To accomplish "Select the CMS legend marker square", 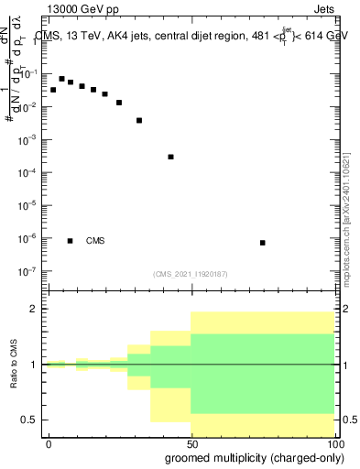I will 70,241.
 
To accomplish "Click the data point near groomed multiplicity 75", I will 263,243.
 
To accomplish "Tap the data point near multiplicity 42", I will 170,157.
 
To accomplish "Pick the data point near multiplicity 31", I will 139,120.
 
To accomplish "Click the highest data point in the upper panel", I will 61,79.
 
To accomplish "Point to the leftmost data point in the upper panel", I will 53,90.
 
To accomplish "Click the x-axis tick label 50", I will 192,444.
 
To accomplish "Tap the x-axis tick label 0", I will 49,444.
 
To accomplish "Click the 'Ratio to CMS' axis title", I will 15,365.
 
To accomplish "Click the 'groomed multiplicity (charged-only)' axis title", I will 249,459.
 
